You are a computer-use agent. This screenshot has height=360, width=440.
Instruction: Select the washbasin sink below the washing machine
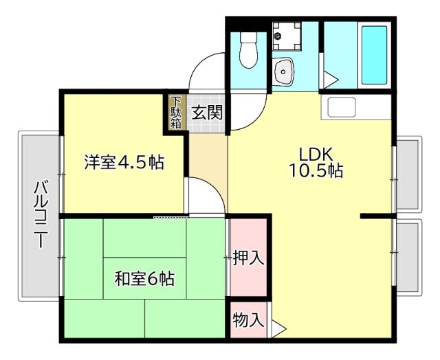(x=283, y=70)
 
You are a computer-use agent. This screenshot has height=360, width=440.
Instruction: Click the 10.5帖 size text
(x=316, y=171)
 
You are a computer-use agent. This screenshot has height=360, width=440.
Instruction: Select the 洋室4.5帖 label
(x=124, y=163)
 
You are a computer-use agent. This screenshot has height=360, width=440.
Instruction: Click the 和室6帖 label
(x=144, y=279)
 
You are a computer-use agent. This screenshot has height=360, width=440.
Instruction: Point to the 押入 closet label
(x=247, y=258)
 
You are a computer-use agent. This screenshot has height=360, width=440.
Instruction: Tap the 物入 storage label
(x=247, y=319)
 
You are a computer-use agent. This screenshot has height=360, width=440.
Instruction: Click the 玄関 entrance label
(x=206, y=112)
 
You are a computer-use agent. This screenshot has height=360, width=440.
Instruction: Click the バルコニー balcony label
(x=40, y=214)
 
